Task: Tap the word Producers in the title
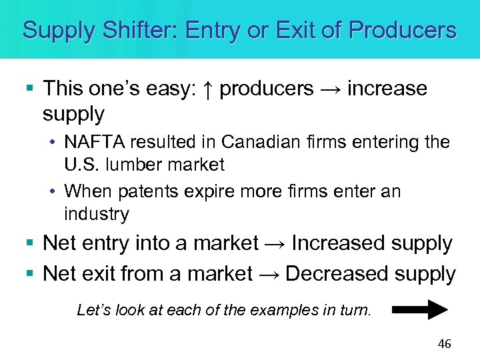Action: [403, 30]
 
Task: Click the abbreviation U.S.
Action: [81, 163]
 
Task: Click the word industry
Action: [96, 214]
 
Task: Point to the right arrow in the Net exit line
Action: [269, 275]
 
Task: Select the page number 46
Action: [444, 344]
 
